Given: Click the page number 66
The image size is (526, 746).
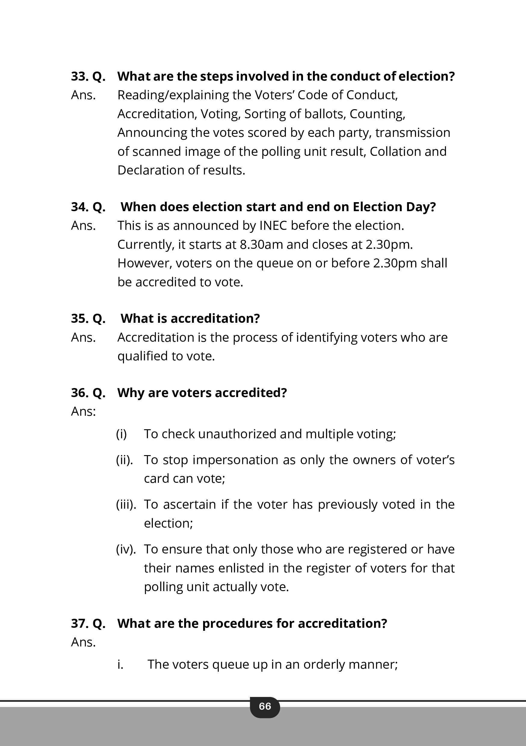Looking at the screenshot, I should pos(265,706).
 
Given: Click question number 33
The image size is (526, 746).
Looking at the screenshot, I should pos(79,76).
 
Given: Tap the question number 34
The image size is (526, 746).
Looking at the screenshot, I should pos(79,207).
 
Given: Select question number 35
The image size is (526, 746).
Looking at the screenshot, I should pos(79,319).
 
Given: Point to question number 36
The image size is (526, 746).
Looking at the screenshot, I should pos(79,393).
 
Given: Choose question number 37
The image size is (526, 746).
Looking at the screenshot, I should pos(79,624).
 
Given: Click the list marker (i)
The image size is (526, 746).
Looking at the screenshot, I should pos(121,434).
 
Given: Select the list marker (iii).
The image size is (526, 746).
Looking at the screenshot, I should pos(126,504).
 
